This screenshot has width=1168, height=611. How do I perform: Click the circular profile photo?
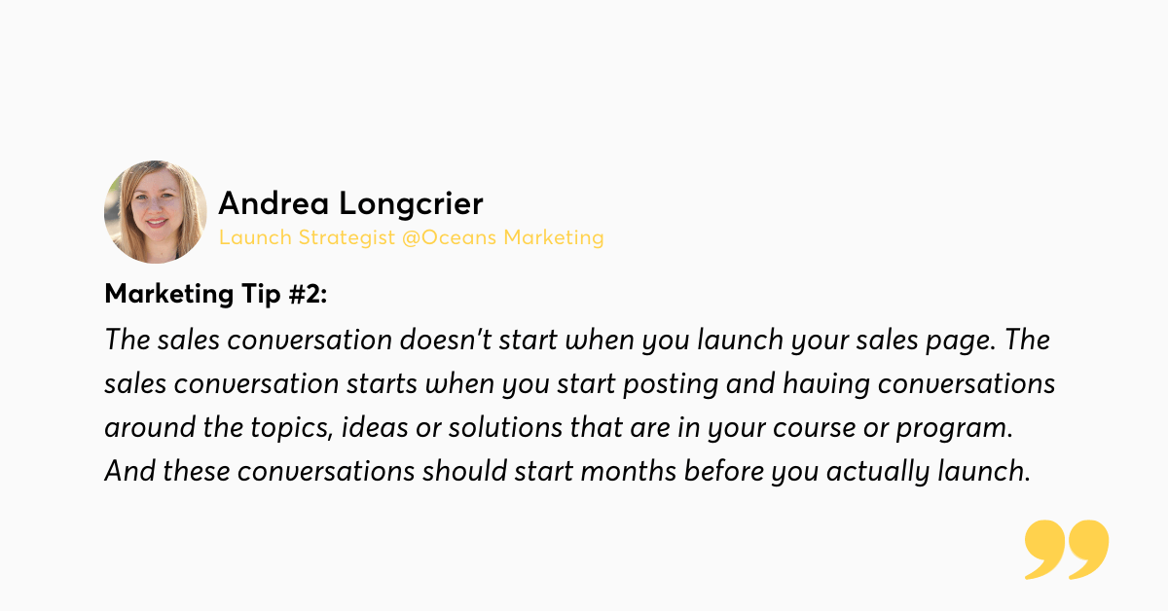click(156, 212)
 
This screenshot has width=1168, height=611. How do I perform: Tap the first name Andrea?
click(274, 202)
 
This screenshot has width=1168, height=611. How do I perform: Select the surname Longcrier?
click(412, 204)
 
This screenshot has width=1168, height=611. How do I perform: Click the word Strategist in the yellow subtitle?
click(347, 237)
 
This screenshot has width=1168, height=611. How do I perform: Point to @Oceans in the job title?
click(449, 237)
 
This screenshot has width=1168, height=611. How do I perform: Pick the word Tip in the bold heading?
click(261, 294)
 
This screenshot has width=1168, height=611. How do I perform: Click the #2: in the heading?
click(308, 294)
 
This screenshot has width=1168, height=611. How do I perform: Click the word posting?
click(671, 385)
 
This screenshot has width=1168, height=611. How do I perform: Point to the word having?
click(826, 385)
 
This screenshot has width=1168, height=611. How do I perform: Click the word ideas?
click(375, 427)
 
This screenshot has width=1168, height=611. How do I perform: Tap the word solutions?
click(505, 427)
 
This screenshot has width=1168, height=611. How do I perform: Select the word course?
click(814, 429)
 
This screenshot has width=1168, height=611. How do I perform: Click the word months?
click(629, 471)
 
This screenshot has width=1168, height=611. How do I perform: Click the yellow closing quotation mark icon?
click(1067, 549)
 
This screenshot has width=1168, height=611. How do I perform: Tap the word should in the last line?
click(464, 471)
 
